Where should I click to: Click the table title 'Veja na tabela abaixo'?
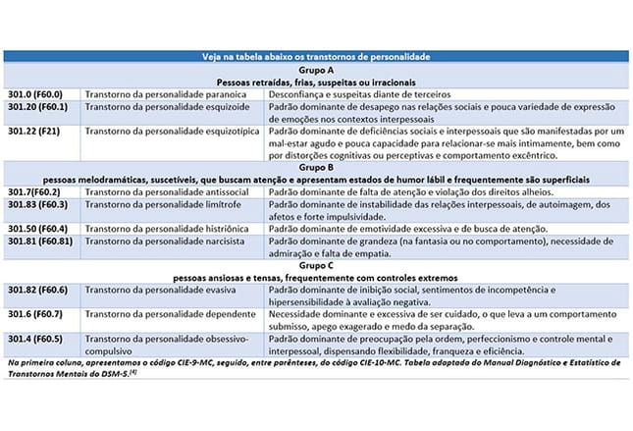[x=316, y=59]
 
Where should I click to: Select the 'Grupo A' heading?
[x=316, y=71]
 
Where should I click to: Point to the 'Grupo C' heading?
[x=316, y=266]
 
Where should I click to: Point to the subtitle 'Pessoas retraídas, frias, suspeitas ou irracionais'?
[x=316, y=82]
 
